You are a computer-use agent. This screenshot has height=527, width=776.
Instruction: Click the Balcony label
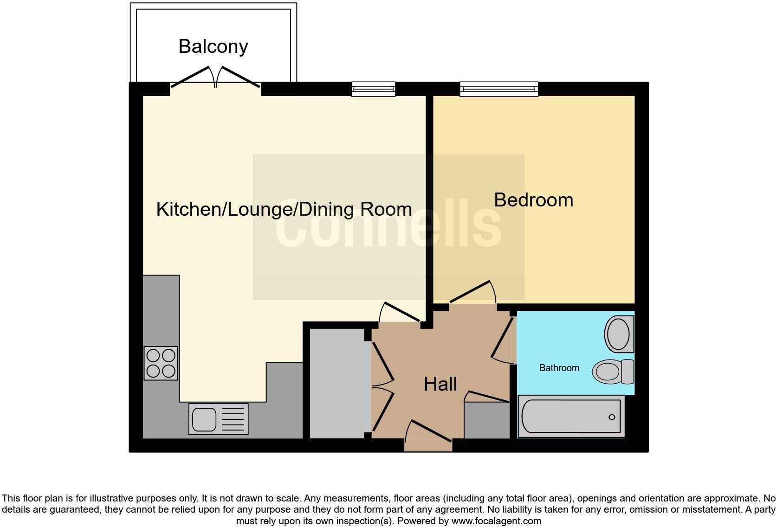click(x=213, y=46)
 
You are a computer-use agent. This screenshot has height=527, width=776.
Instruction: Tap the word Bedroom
click(x=533, y=200)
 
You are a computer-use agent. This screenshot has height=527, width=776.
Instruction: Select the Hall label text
click(x=440, y=384)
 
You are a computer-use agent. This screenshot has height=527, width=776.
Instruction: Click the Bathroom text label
click(x=559, y=368)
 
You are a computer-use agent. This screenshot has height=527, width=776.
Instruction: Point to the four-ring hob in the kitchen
click(x=161, y=363)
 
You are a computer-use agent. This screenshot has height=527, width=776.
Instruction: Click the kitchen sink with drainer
click(x=218, y=418)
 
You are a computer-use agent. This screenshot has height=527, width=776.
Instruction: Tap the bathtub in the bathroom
click(x=571, y=416)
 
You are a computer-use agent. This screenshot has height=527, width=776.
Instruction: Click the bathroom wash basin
click(x=619, y=334)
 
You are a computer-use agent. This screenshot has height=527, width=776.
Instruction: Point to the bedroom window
click(x=499, y=89)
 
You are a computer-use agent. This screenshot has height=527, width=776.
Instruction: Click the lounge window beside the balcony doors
click(x=373, y=89)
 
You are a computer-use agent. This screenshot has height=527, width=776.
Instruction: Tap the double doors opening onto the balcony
click(x=215, y=77)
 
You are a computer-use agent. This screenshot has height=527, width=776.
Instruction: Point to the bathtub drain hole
click(x=612, y=417)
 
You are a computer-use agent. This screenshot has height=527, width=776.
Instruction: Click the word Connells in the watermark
click(x=388, y=226)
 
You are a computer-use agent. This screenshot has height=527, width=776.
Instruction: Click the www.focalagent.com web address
click(x=496, y=521)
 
